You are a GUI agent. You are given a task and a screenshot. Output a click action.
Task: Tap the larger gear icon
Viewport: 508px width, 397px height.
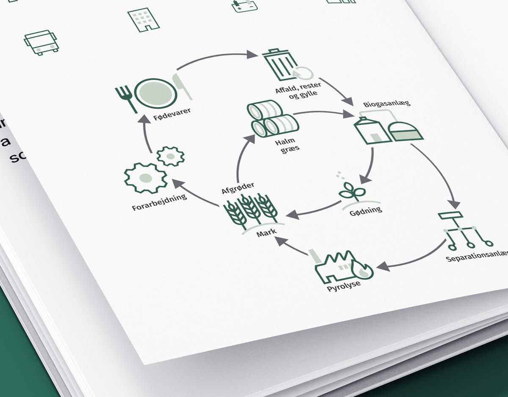click(x=145, y=178)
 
